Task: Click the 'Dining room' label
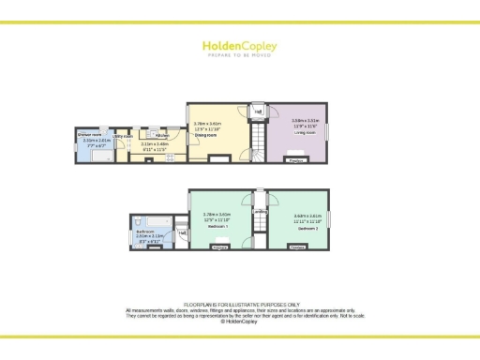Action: (204, 136)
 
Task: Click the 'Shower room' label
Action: (89, 135)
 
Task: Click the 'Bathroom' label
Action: (144, 231)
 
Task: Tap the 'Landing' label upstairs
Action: (260, 212)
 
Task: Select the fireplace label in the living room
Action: (296, 161)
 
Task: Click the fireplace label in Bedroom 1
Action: (219, 247)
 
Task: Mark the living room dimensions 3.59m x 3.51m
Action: (306, 121)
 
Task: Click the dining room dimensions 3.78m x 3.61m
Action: (206, 124)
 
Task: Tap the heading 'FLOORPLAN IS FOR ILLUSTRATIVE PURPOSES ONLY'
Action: (240, 305)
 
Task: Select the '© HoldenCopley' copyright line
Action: (240, 322)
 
